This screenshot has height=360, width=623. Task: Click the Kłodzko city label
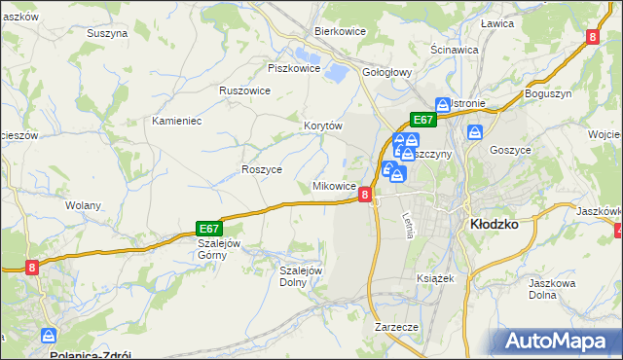pyautogui.click(x=494, y=223)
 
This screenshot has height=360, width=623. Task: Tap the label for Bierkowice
pyautogui.click(x=339, y=31)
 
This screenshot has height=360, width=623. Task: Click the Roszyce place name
pyautogui.click(x=261, y=168)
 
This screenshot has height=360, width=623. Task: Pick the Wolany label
pyautogui.click(x=84, y=205)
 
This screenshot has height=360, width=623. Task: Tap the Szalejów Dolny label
pyautogui.click(x=301, y=276)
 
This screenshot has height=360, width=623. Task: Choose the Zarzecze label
pyautogui.click(x=396, y=327)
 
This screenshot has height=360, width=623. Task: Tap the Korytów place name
pyautogui.click(x=323, y=126)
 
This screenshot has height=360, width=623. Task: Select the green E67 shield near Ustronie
pyautogui.click(x=422, y=120)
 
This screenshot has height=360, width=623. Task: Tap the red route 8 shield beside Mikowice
pyautogui.click(x=365, y=195)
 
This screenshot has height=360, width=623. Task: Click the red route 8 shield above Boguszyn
pyautogui.click(x=592, y=37)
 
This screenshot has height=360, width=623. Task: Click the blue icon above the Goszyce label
pyautogui.click(x=475, y=131)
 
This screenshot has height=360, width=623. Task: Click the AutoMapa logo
pyautogui.click(x=561, y=342)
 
